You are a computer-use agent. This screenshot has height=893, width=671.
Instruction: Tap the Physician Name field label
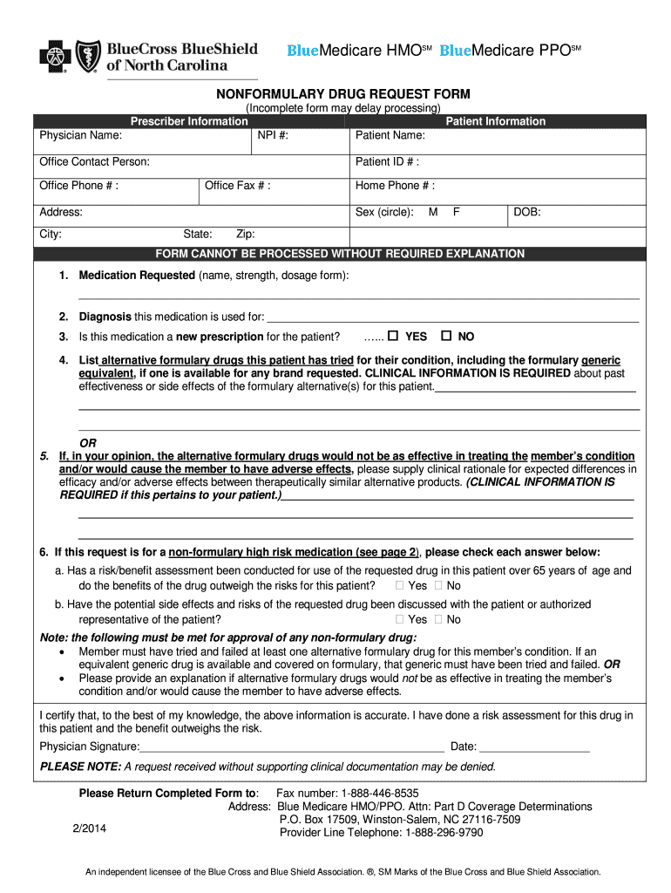(x=80, y=136)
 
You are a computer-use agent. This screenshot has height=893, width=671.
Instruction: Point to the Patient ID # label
(x=387, y=162)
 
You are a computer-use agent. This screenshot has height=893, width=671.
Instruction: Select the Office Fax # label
(x=237, y=186)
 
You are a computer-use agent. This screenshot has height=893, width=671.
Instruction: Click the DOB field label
(x=527, y=212)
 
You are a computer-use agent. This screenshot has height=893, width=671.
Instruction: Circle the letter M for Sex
(x=433, y=212)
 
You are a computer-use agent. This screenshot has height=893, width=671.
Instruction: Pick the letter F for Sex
(x=456, y=212)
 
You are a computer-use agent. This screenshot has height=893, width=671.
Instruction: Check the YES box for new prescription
(x=393, y=337)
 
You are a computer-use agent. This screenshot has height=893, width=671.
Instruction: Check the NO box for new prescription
(x=446, y=337)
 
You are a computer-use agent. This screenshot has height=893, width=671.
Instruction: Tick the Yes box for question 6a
(x=400, y=586)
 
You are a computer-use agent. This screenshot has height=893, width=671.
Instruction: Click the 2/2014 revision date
(x=89, y=828)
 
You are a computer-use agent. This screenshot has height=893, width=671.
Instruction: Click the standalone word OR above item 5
(x=88, y=443)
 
